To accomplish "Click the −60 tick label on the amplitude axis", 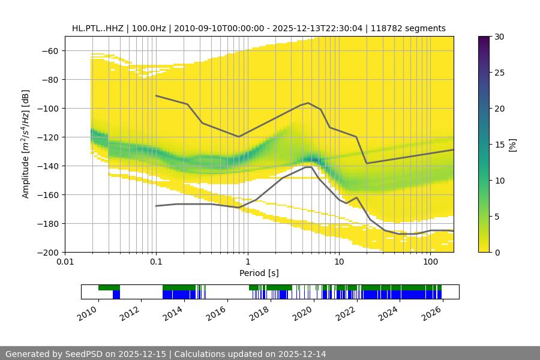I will click(x=49, y=51).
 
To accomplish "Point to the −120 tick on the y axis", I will click(x=49, y=137).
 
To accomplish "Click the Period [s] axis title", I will click(x=259, y=273).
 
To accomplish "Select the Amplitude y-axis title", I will click(x=26, y=144).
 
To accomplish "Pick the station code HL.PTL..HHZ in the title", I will click(x=96, y=28).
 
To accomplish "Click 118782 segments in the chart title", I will click(x=408, y=28).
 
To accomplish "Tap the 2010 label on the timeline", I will click(x=87, y=312).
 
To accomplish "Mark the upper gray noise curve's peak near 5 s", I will click(x=308, y=103).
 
